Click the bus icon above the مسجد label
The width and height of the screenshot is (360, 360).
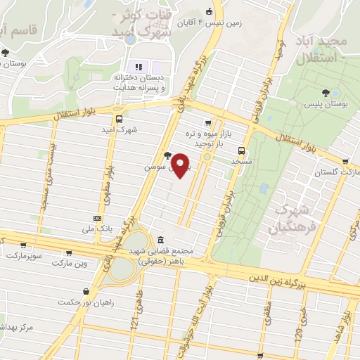(x=242, y=150)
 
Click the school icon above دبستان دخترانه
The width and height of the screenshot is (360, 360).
(x=138, y=67)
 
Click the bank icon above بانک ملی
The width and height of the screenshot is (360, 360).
(x=96, y=219)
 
